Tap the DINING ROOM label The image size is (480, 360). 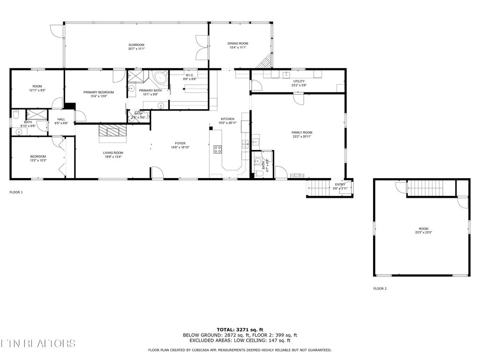click(x=239, y=44)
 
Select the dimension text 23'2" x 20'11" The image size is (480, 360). click(x=301, y=137)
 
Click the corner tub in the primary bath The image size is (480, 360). click(x=160, y=77)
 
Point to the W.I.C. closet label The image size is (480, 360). click(x=190, y=75)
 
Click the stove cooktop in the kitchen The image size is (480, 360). click(x=218, y=150)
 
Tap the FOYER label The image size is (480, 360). click(x=180, y=143)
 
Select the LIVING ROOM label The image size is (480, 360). click(x=113, y=153)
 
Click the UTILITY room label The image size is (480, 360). click(x=299, y=81)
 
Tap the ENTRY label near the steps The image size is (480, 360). click(x=340, y=184)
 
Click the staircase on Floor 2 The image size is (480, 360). click(x=425, y=188)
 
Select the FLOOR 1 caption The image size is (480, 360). click(x=16, y=192)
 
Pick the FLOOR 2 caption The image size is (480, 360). click(x=380, y=289)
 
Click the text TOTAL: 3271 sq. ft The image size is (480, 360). click(x=240, y=329)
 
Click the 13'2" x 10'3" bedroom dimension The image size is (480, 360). click(x=38, y=160)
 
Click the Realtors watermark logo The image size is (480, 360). click(x=37, y=344)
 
